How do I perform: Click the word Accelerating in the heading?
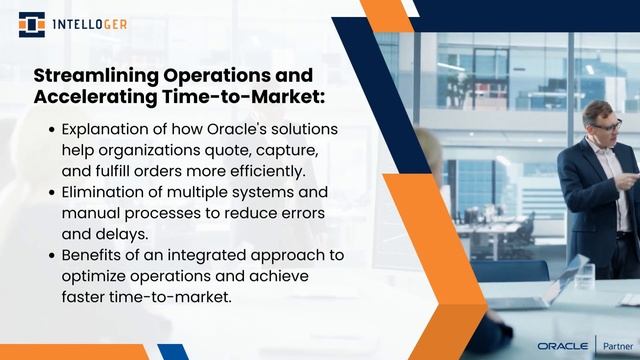[x=103, y=97]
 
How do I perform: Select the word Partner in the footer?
[x=614, y=343]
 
